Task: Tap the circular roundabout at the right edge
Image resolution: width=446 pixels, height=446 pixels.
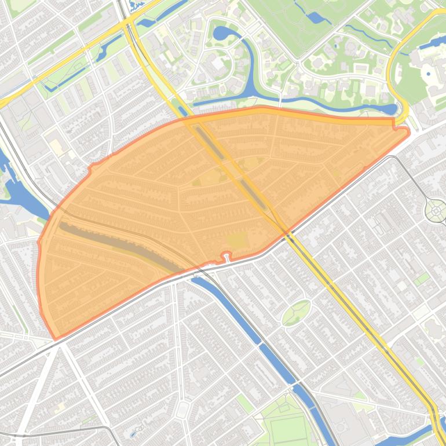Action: point(436,211)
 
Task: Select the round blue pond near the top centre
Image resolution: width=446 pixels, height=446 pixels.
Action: point(221,33)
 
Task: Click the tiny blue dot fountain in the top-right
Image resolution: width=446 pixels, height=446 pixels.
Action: point(428,74)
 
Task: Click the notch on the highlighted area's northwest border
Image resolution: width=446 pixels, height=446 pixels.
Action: point(90,168)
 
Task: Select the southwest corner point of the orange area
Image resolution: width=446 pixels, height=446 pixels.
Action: point(56,338)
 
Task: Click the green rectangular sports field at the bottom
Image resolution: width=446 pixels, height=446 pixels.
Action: point(287,429)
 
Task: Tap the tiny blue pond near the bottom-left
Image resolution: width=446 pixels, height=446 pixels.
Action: point(134,432)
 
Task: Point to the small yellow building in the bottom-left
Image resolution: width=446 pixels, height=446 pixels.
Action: point(60,408)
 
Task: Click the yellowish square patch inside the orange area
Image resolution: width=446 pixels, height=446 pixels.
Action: point(236,240)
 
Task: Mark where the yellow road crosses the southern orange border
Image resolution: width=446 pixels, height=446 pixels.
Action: point(285,232)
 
